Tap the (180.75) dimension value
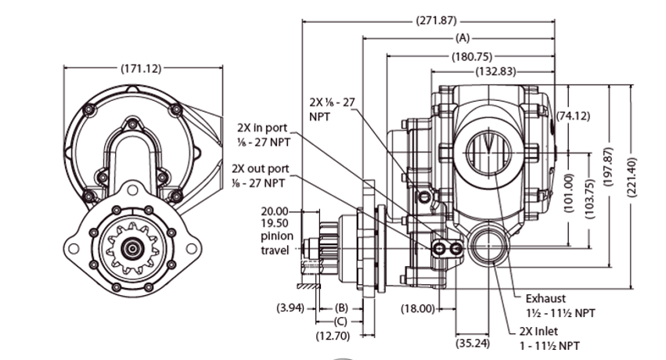[471, 56]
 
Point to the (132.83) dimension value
[495, 71]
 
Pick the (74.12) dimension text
[573, 116]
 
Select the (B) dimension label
[340, 308]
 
